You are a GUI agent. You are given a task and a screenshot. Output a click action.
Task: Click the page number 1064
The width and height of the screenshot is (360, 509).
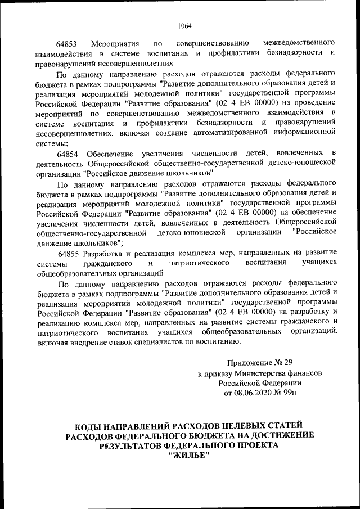pos(184,25)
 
